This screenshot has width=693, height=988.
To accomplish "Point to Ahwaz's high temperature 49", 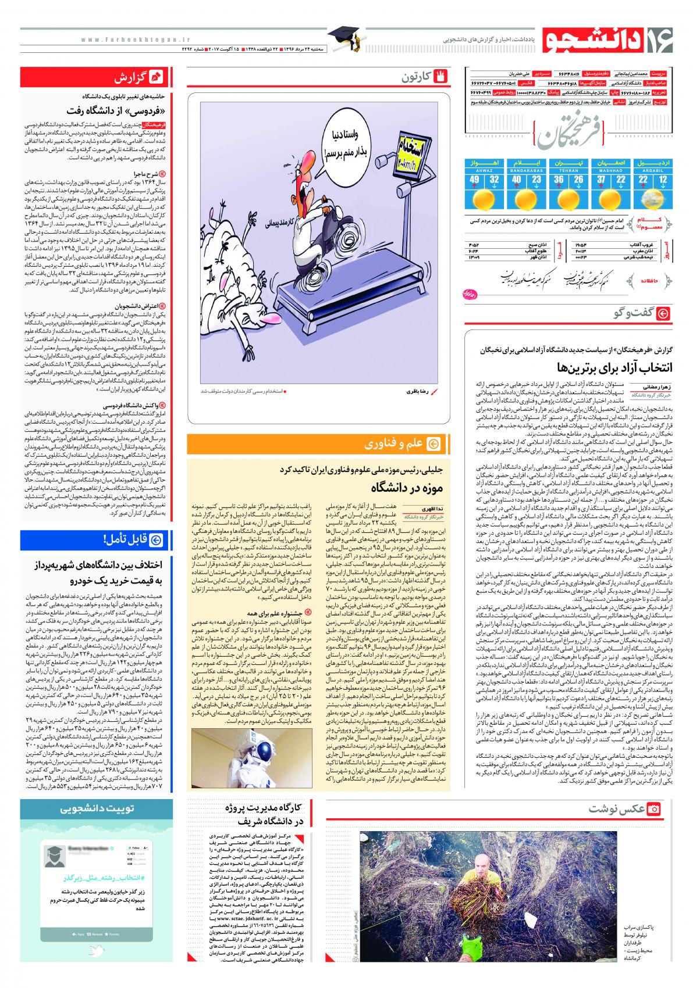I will coord(475,180).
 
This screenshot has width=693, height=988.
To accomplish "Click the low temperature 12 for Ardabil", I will coord(663,180).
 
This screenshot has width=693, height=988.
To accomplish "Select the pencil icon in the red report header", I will coord(156,77).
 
